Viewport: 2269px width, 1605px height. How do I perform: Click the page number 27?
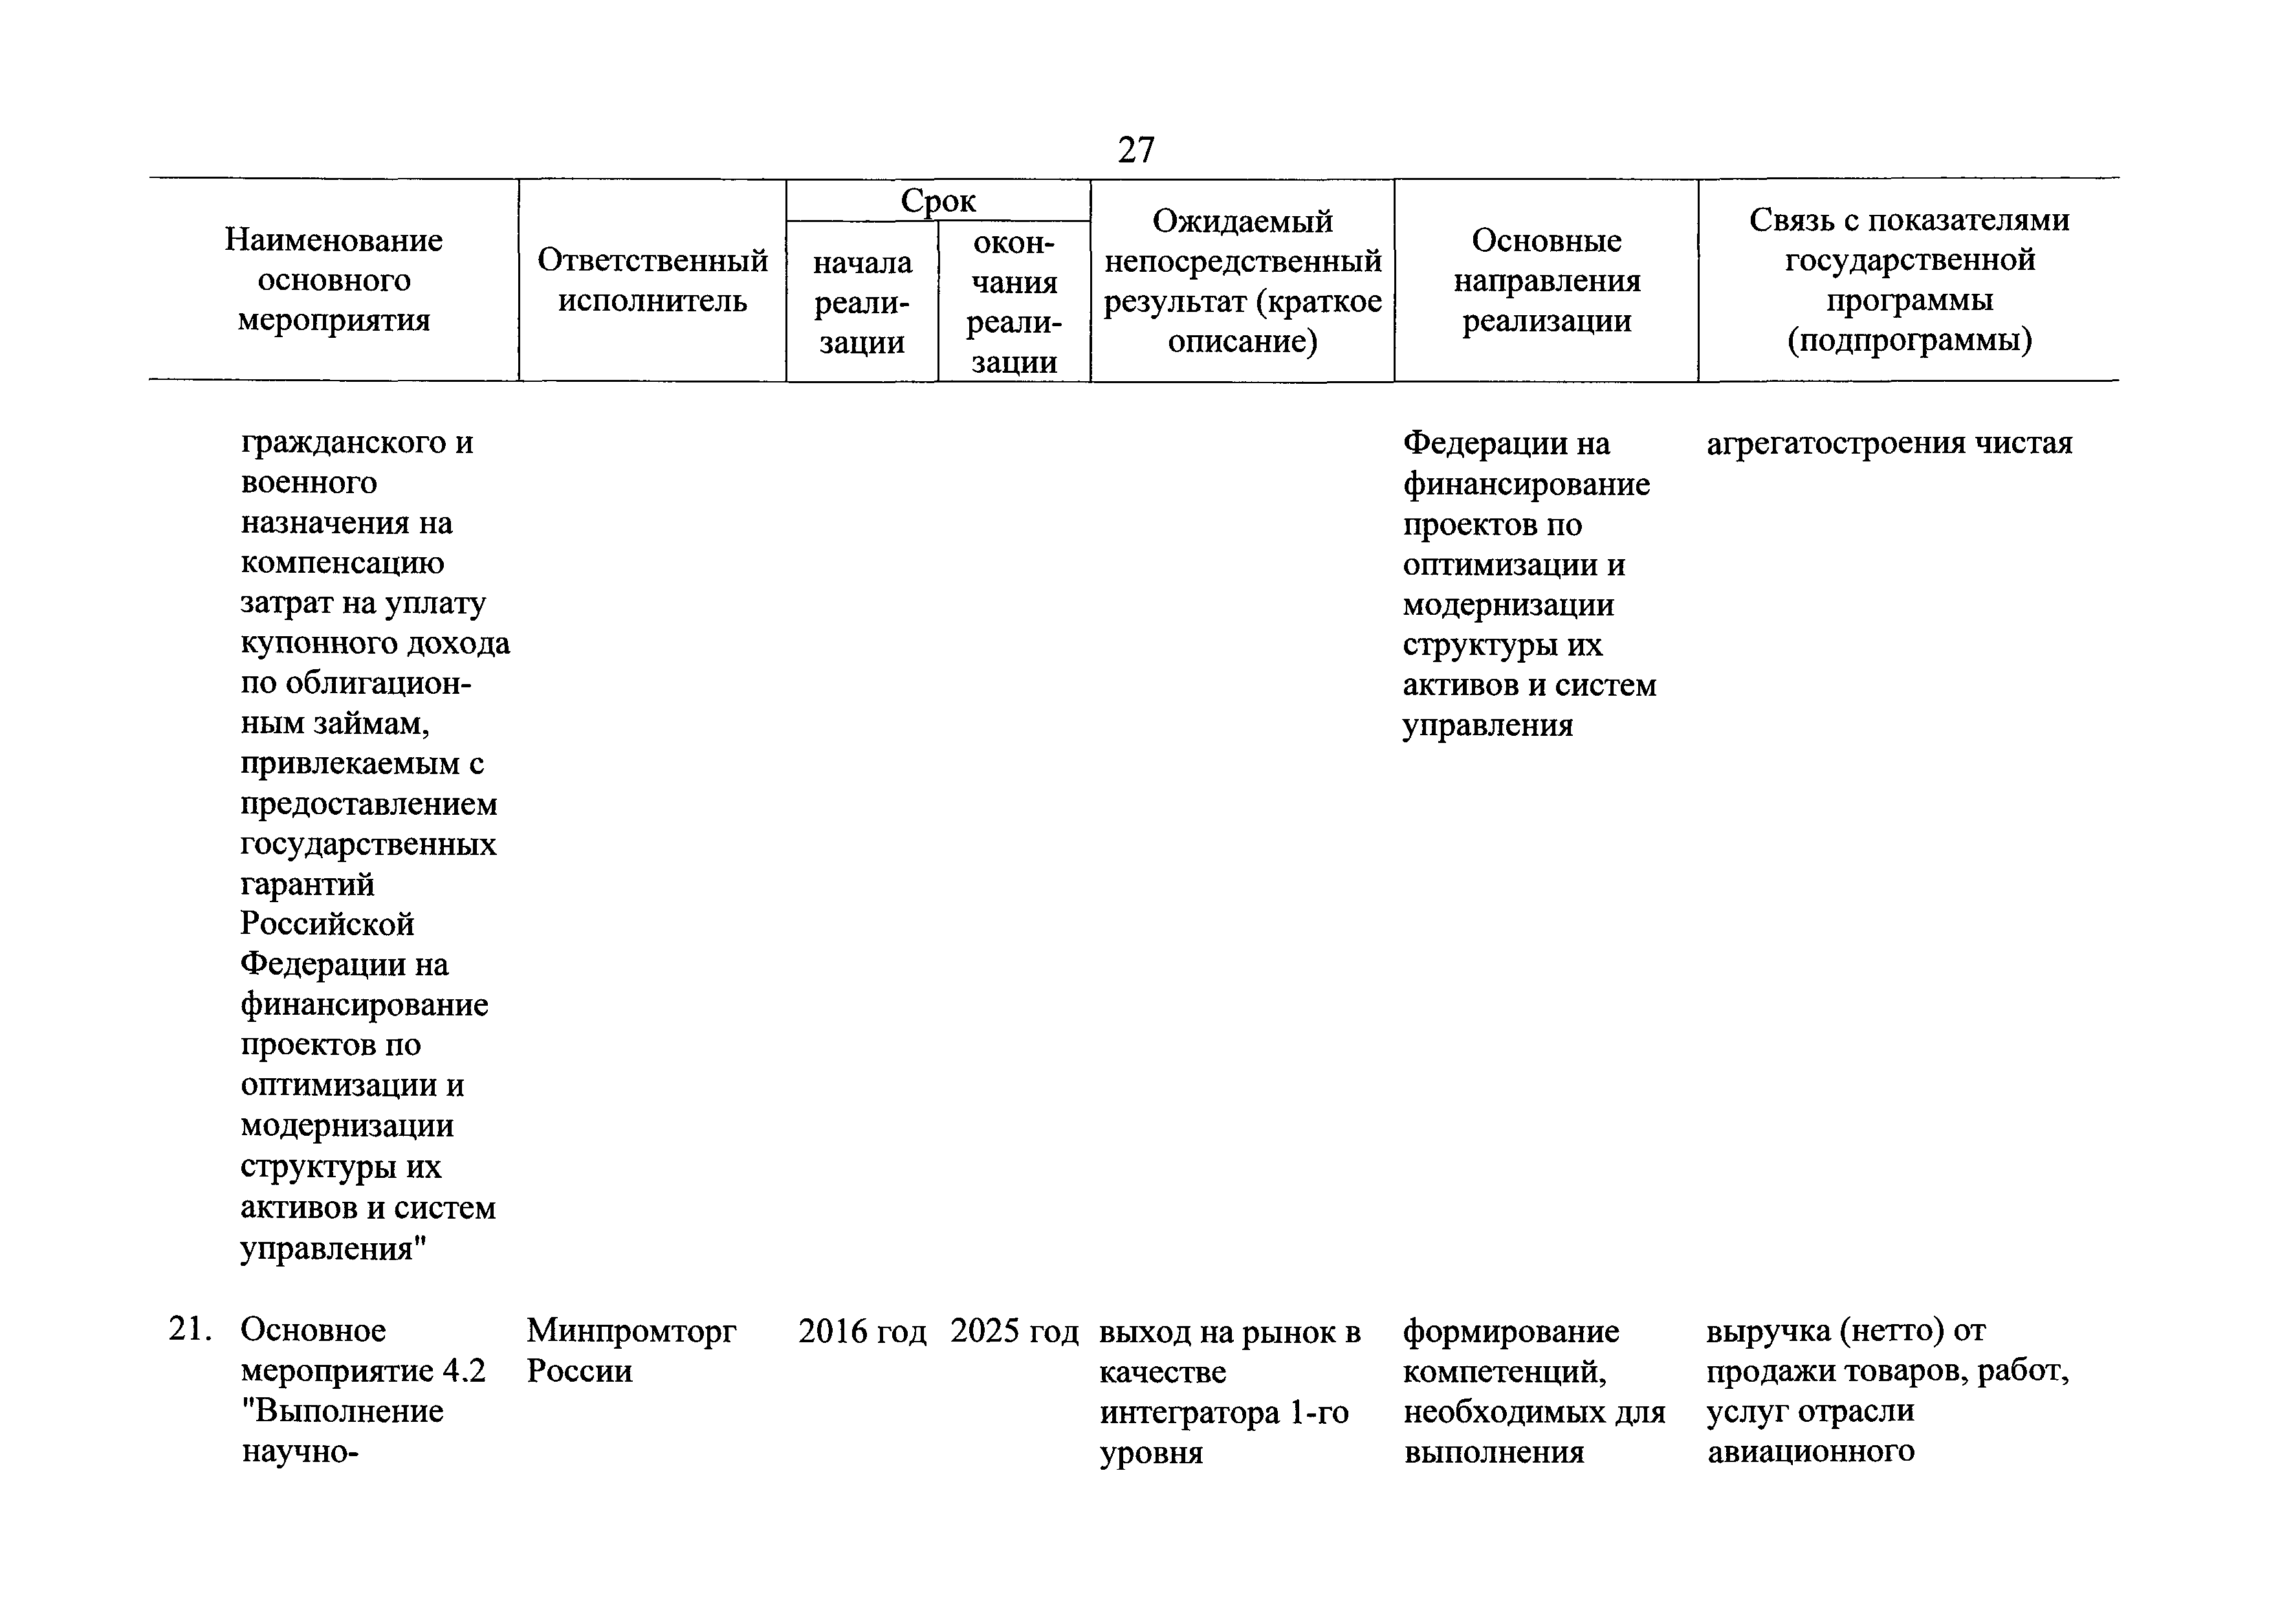click(x=1135, y=150)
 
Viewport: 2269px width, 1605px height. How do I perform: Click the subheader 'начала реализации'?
click(x=862, y=302)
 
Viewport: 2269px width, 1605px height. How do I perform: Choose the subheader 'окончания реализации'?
click(x=1014, y=302)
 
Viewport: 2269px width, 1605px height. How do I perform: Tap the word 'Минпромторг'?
click(x=631, y=1331)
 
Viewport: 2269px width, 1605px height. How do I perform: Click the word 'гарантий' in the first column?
click(x=307, y=883)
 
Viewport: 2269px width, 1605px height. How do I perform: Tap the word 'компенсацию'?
click(x=342, y=563)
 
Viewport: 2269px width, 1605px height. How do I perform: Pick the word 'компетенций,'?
click(x=1505, y=1373)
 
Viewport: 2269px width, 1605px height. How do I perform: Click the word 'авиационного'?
click(x=1810, y=1452)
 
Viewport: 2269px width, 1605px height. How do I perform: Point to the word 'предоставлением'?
click(x=369, y=804)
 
